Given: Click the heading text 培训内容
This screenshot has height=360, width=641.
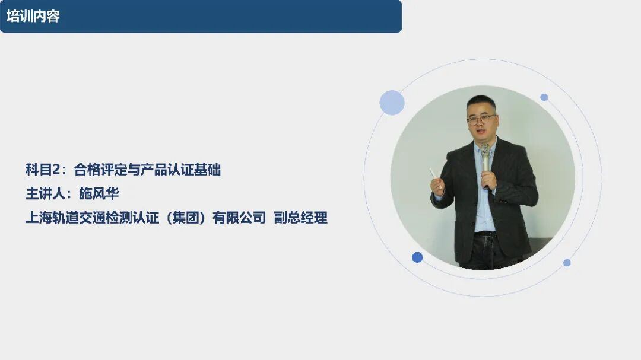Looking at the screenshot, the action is pyautogui.click(x=33, y=17).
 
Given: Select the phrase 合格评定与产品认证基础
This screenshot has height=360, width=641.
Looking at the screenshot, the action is pyautogui.click(x=147, y=169).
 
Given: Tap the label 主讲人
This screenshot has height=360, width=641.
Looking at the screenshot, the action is pyautogui.click(x=45, y=193).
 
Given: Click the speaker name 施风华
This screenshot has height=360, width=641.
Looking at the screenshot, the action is pyautogui.click(x=99, y=193).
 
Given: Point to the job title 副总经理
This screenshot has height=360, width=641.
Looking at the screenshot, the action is pyautogui.click(x=300, y=218).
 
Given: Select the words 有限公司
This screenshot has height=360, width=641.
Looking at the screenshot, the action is pyautogui.click(x=239, y=218).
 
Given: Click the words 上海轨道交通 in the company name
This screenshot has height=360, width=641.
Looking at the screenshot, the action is pyautogui.click(x=65, y=218).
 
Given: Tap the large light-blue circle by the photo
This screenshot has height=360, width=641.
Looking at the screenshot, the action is pyautogui.click(x=392, y=103).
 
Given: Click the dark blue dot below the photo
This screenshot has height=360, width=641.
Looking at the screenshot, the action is pyautogui.click(x=417, y=257).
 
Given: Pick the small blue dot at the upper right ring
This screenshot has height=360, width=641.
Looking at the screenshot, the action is pyautogui.click(x=544, y=97).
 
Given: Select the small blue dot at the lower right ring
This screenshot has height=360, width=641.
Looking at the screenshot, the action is pyautogui.click(x=567, y=263).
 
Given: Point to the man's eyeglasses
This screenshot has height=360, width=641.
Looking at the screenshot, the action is pyautogui.click(x=481, y=119).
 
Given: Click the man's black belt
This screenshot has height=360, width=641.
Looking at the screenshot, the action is pyautogui.click(x=485, y=234).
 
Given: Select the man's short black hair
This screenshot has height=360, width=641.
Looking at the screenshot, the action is pyautogui.click(x=481, y=103).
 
